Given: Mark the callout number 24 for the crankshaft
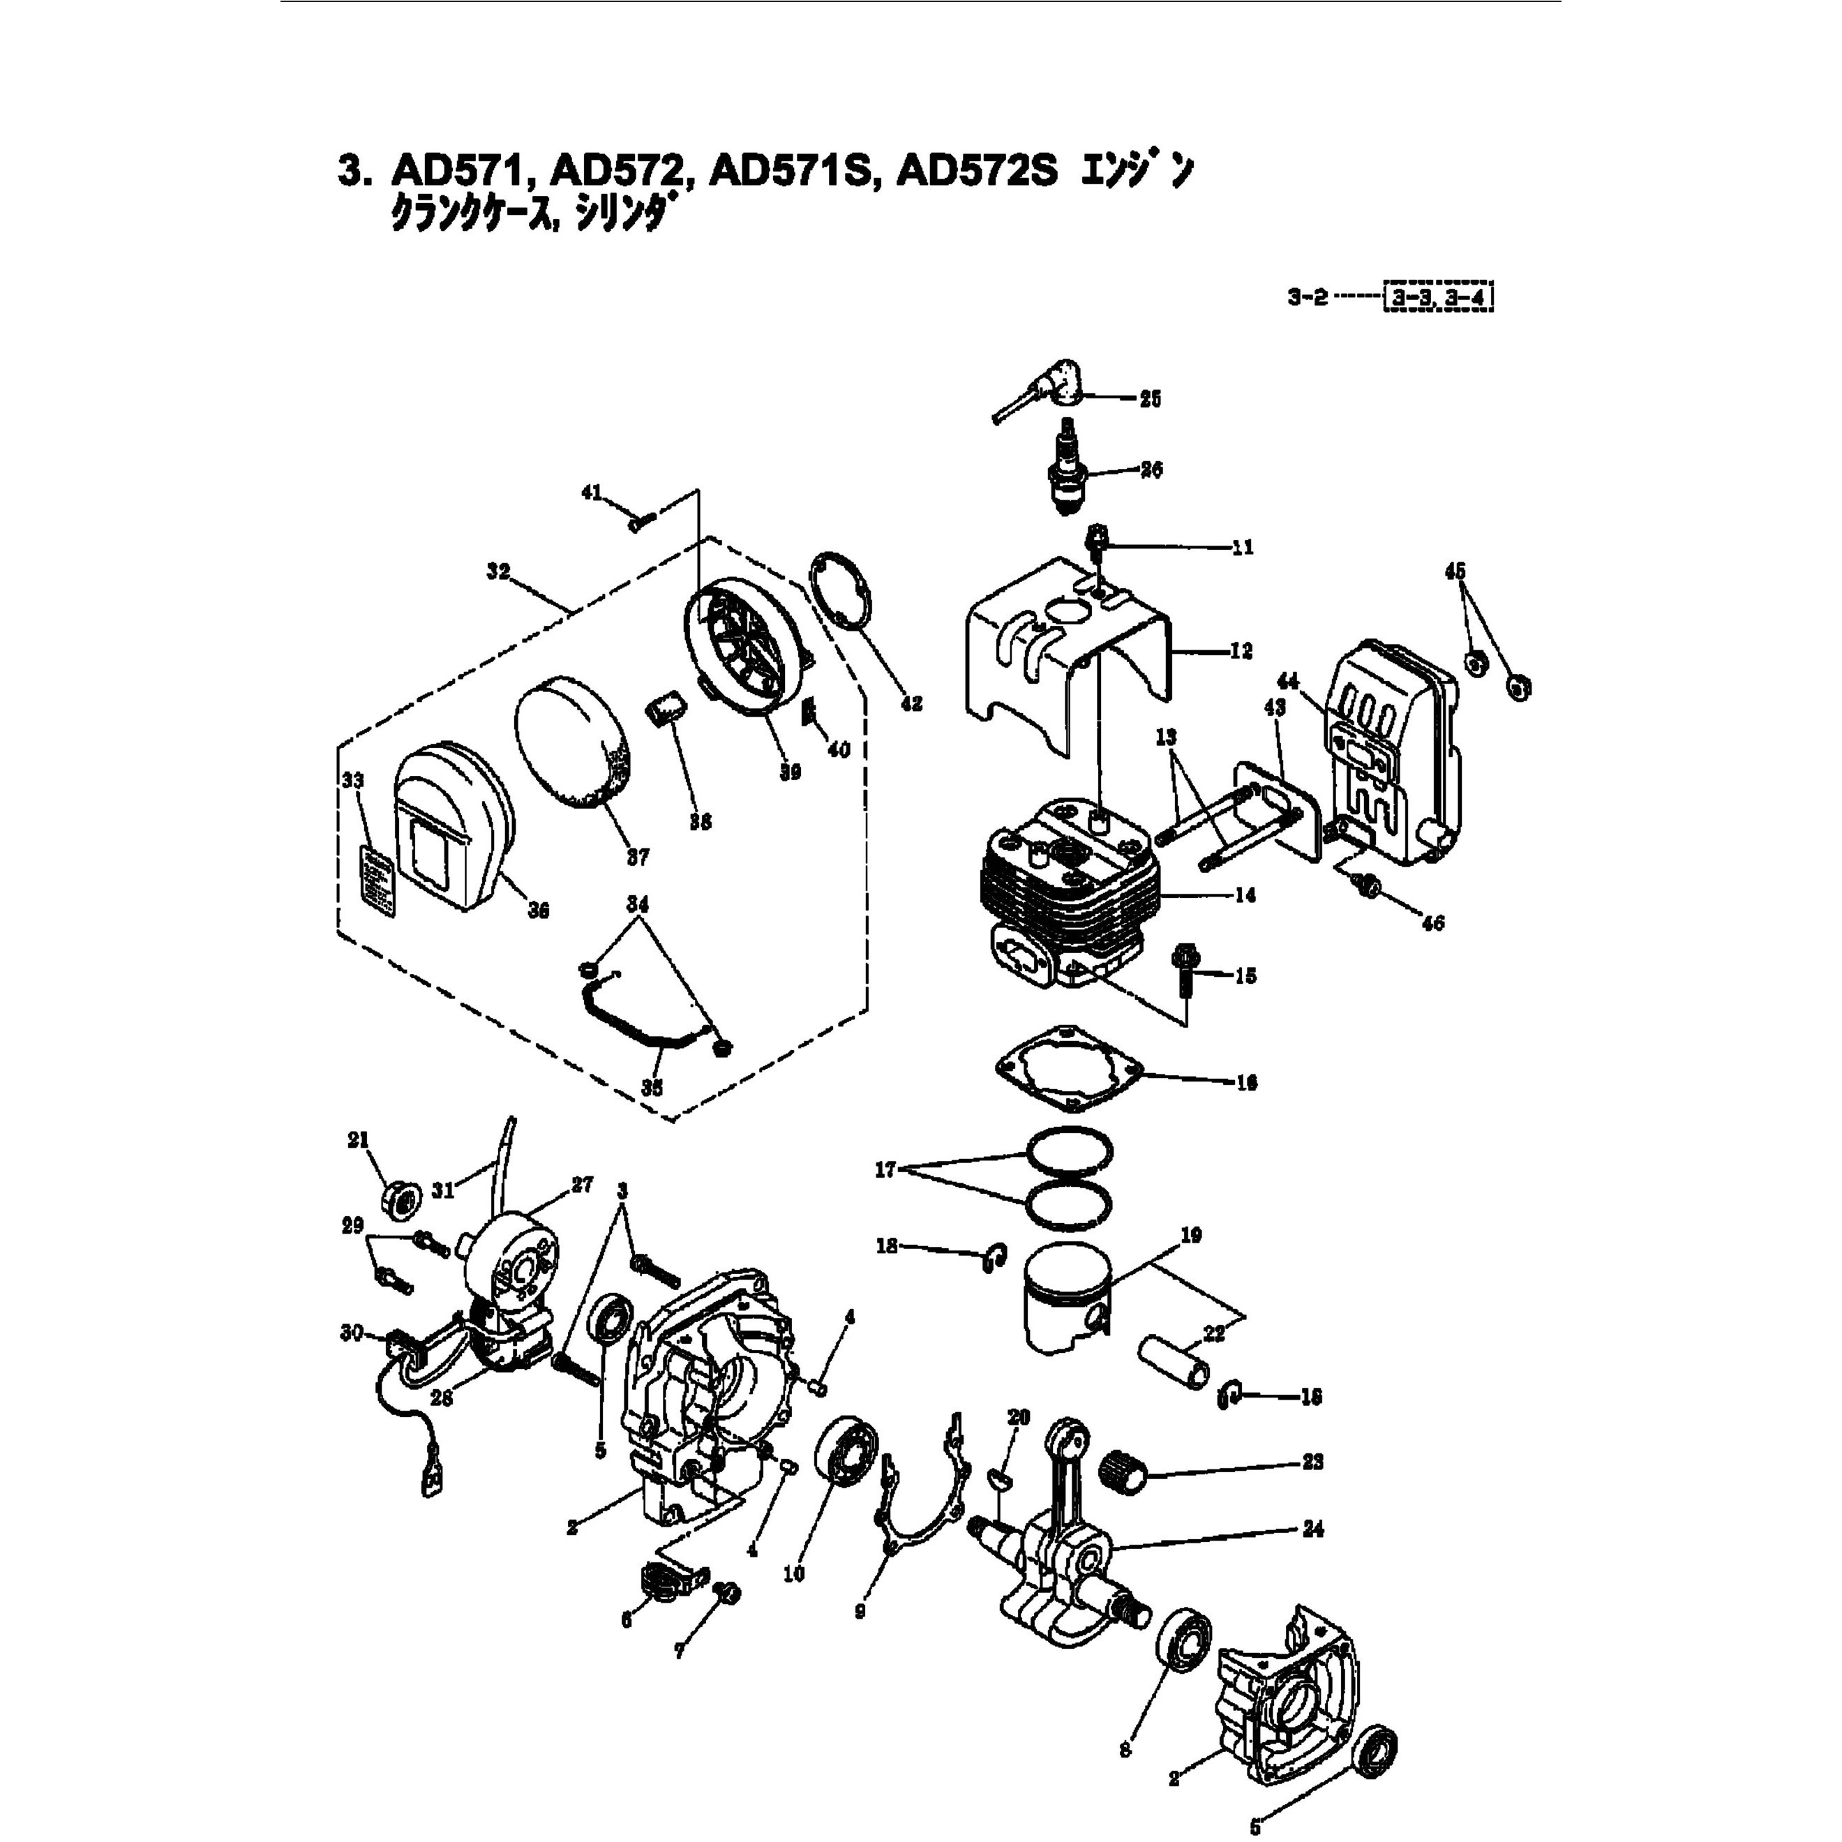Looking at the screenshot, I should tap(1313, 1529).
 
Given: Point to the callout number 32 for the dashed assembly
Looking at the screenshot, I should tap(497, 572).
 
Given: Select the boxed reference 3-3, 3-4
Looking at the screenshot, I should tap(1438, 299).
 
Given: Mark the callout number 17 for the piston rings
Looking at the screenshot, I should tap(885, 1169).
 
